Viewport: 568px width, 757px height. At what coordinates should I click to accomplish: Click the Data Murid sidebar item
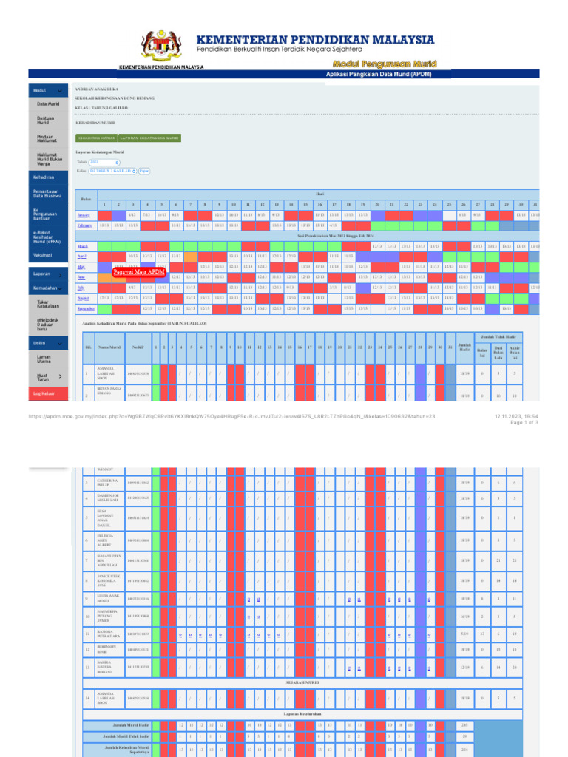pyautogui.click(x=48, y=104)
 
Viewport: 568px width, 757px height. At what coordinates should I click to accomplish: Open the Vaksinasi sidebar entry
pyautogui.click(x=43, y=254)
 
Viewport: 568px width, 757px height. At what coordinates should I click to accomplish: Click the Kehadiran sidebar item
pyautogui.click(x=44, y=177)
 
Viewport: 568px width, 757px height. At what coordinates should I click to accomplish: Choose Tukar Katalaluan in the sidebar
pyautogui.click(x=47, y=304)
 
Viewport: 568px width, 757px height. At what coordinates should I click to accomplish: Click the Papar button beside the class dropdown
pyautogui.click(x=144, y=171)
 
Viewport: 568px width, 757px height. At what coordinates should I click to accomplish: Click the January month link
pyautogui.click(x=84, y=215)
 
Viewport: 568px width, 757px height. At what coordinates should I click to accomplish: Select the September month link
pyautogui.click(x=86, y=308)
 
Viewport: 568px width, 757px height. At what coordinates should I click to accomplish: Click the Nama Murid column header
pyautogui.click(x=109, y=346)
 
